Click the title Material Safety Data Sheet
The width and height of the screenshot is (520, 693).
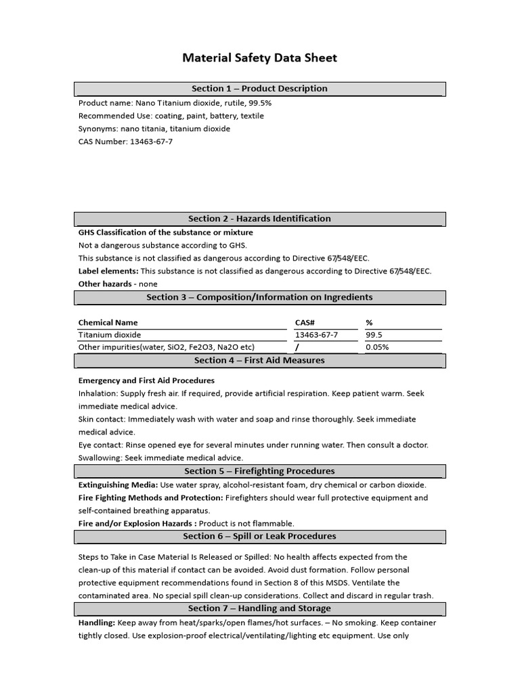tap(259, 58)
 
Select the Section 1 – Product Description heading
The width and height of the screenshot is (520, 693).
tap(259, 89)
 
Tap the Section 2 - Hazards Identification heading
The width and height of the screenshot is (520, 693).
tap(259, 219)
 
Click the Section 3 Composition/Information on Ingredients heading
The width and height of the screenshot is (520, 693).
tap(259, 297)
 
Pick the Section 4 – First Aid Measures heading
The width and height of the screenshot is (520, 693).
tap(259, 361)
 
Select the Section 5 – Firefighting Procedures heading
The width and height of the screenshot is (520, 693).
tap(259, 471)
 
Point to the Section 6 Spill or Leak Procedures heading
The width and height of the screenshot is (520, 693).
tap(259, 536)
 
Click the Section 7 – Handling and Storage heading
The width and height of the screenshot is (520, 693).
tap(259, 608)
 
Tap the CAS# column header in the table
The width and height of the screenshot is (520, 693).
tap(305, 323)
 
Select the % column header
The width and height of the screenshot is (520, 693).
tap(369, 323)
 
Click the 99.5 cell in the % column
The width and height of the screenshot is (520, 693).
tap(374, 335)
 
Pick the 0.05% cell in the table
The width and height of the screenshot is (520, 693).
tap(377, 347)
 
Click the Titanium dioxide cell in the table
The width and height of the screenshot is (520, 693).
tap(110, 335)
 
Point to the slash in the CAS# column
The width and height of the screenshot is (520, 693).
tap(297, 347)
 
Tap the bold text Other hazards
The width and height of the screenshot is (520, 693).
tap(105, 284)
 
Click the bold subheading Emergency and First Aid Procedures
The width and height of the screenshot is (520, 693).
tap(146, 380)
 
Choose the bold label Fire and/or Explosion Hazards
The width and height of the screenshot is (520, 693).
tap(137, 523)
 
